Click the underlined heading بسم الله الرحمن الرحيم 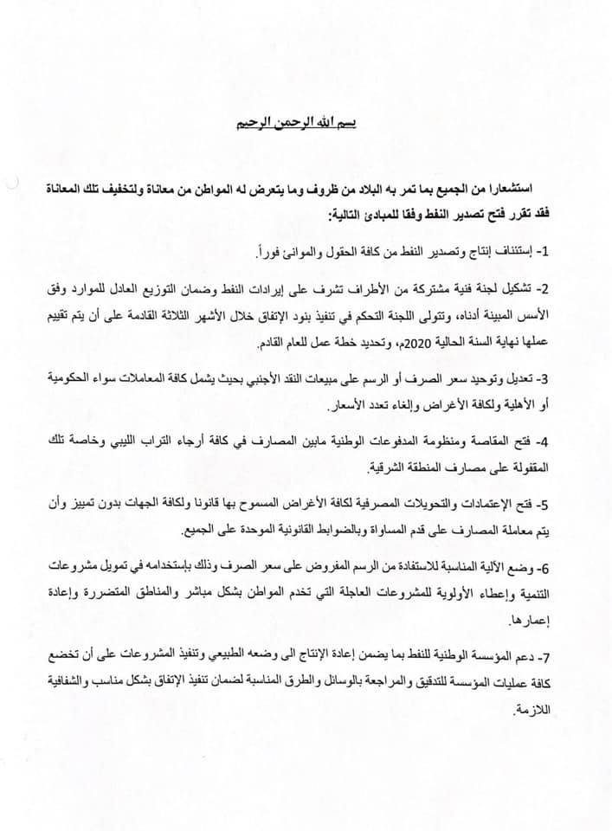pyautogui.click(x=295, y=123)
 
